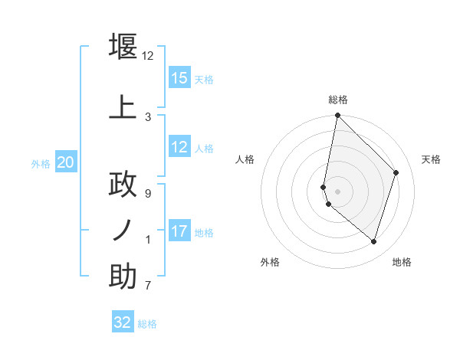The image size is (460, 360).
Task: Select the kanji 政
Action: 123,185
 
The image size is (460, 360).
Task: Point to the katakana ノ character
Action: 123,229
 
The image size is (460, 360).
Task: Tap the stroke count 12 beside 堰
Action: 148,56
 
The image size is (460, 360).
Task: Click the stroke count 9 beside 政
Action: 148,193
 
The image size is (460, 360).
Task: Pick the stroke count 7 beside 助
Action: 148,286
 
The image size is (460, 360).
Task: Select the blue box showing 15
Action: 179,78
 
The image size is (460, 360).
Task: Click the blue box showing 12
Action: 179,147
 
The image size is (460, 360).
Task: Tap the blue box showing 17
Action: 179,231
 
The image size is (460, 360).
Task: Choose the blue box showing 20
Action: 66,162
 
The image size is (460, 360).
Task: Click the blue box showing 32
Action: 123,322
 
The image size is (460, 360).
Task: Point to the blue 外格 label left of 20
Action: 41,163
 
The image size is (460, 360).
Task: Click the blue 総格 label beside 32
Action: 147,324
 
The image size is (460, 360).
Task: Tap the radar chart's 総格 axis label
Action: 338,100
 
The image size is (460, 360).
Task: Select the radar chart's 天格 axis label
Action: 431,159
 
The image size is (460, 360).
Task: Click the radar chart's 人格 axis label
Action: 245,159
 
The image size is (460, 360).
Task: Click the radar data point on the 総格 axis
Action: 337,115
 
